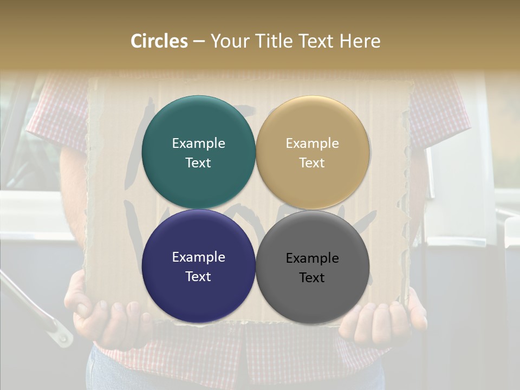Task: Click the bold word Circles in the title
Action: click(x=159, y=41)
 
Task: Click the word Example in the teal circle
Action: click(x=198, y=143)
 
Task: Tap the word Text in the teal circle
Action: click(x=198, y=162)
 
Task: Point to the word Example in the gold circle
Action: click(x=313, y=143)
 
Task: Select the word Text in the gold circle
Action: click(x=313, y=162)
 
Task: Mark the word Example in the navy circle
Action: click(x=198, y=257)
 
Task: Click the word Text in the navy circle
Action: click(x=198, y=276)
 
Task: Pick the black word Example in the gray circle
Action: click(x=313, y=258)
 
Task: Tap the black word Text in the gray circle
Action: click(x=313, y=277)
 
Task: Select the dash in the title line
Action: click(x=199, y=41)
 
